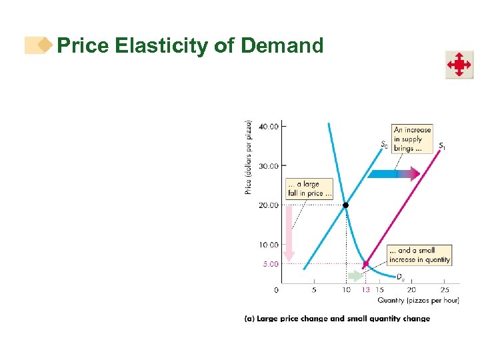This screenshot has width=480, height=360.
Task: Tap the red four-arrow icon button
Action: click(x=459, y=65)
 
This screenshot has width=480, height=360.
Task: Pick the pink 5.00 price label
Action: click(x=270, y=264)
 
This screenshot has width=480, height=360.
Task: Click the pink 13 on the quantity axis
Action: click(x=365, y=289)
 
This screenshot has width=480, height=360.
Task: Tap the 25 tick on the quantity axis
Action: click(x=445, y=289)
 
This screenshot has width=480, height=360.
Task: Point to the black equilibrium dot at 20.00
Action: click(x=346, y=205)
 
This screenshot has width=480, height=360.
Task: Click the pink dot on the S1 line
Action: click(x=365, y=264)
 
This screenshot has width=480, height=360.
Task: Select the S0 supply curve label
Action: click(x=385, y=144)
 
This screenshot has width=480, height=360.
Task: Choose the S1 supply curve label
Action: click(x=443, y=145)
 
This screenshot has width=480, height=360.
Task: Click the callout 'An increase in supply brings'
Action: click(x=411, y=139)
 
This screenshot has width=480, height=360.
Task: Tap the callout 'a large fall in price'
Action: click(x=305, y=189)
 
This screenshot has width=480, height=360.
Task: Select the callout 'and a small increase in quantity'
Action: click(x=419, y=255)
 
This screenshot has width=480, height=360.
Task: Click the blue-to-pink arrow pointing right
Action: click(x=393, y=174)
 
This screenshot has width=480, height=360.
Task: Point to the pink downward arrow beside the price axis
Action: click(x=289, y=233)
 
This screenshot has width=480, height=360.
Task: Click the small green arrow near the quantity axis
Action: click(x=355, y=275)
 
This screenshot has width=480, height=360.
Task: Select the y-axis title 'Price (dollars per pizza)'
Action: click(x=249, y=157)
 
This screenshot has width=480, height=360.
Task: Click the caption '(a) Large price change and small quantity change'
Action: click(x=337, y=319)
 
